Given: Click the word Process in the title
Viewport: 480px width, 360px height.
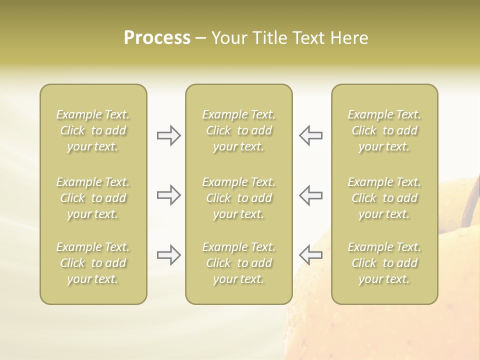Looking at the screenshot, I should [157, 38].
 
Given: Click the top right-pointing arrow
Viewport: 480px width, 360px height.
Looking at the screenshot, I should [168, 135].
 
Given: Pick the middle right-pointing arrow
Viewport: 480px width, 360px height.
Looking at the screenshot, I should [168, 195].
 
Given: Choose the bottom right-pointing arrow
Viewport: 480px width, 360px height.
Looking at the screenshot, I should [168, 255].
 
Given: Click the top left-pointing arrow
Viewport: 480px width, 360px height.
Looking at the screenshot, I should [310, 135].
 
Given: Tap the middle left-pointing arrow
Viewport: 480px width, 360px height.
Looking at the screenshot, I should [310, 195].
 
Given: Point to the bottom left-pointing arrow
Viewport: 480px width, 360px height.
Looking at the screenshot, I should [310, 255].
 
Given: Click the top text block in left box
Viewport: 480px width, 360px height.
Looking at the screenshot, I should [93, 130].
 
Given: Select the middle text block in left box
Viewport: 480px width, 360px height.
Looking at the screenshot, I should [93, 198].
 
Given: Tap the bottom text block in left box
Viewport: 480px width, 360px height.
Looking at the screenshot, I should [93, 263].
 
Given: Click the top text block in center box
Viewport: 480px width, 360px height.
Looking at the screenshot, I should [238, 130].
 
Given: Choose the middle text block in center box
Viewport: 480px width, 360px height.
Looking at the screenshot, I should [238, 198].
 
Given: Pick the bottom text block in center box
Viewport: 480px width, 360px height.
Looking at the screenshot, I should [238, 263].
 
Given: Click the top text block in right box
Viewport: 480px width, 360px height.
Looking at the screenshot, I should [384, 130].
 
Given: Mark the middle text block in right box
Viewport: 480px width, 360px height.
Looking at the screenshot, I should [384, 198].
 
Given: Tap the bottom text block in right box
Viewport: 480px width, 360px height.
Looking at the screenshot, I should [384, 263].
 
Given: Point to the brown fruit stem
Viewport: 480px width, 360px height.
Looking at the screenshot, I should [471, 200].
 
